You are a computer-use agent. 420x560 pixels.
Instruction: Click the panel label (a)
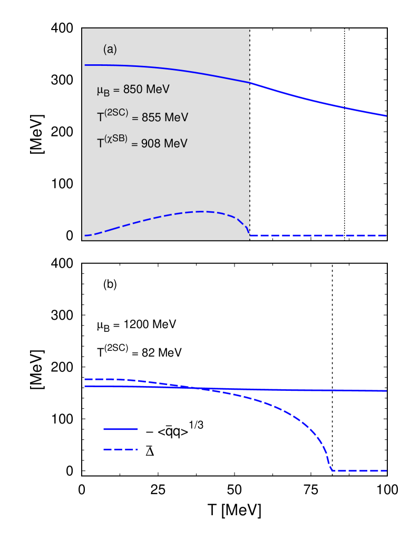pos(110,50)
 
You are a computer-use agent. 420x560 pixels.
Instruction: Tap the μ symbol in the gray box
pos(100,90)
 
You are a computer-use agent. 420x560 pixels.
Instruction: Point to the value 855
pos(151,117)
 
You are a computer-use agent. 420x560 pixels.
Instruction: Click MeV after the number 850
pos(158,90)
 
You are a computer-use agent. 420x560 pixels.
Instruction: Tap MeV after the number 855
pos(177,117)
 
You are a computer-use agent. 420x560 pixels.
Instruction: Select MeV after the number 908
pos(175,143)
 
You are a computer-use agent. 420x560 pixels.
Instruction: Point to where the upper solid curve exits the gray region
pos(249,83)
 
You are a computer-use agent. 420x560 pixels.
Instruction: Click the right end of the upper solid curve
pos(386,116)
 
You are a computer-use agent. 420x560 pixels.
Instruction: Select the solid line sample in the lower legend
pos(120,429)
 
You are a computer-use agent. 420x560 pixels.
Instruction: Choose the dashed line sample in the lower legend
pos(120,449)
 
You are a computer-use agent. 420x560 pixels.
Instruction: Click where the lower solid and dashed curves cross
pos(198,388)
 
